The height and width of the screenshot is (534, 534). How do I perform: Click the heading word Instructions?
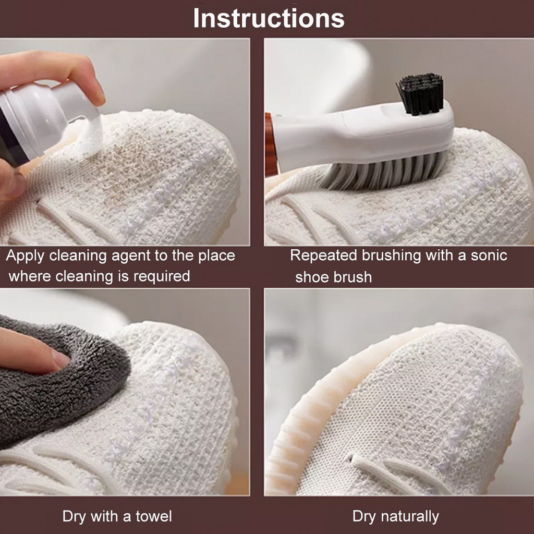click(269, 18)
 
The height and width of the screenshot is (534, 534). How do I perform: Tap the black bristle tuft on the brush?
click(421, 94)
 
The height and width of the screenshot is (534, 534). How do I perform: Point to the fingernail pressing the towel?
click(60, 359)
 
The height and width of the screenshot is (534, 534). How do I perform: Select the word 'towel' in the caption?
click(154, 516)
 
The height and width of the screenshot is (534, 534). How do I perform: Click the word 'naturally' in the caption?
click(410, 517)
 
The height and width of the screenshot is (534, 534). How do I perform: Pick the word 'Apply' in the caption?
click(25, 256)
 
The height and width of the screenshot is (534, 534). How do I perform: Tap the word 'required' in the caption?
click(162, 276)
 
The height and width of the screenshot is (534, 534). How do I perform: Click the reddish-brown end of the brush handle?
click(270, 145)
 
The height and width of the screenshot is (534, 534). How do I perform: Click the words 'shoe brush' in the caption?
click(333, 277)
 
